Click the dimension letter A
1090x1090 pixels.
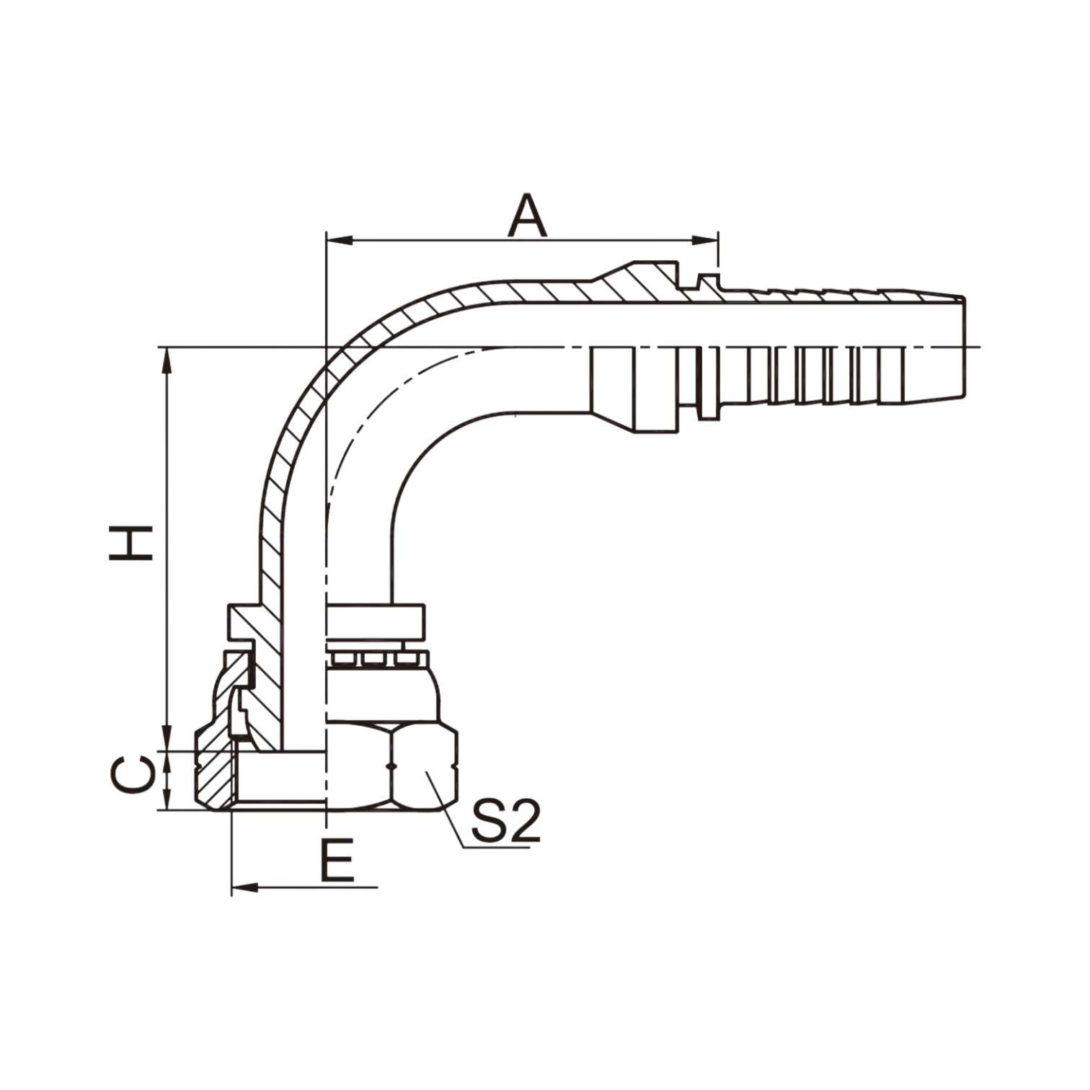pos(528,216)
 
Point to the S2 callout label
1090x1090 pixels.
pos(505,820)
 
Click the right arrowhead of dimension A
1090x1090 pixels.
pos(707,239)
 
